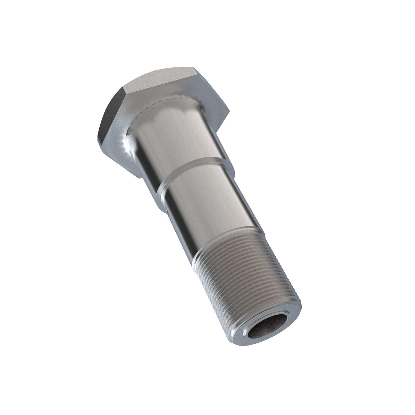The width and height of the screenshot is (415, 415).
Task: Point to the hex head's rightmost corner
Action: point(229,111)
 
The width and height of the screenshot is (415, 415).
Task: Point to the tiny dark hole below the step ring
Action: point(166,209)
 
